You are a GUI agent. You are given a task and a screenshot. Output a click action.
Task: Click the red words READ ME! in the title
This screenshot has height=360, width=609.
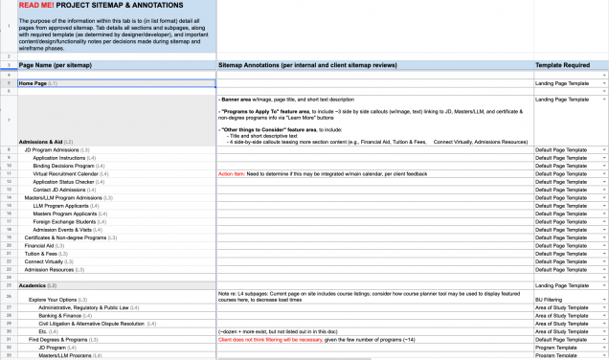[x=37, y=7]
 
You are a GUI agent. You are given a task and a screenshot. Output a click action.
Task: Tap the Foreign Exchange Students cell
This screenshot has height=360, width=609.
[x=71, y=220]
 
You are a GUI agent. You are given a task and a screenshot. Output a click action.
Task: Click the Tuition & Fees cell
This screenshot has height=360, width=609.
[x=45, y=252]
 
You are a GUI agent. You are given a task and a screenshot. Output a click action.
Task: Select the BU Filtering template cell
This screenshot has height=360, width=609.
[x=550, y=301]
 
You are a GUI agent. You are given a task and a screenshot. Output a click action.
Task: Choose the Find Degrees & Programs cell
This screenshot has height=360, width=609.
[x=63, y=339]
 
